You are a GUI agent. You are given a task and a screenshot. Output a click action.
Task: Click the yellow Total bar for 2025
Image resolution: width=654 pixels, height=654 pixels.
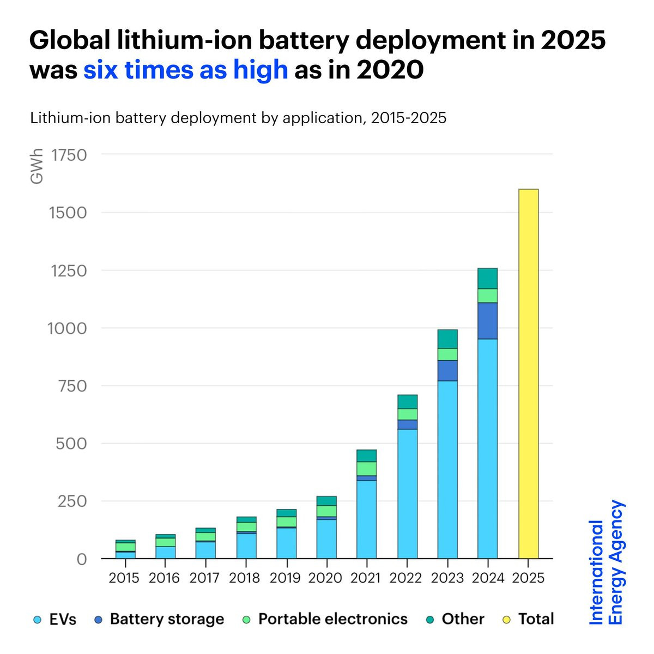point(528,374)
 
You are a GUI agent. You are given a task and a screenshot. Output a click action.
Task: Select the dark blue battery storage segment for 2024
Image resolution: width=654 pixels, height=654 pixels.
point(487,321)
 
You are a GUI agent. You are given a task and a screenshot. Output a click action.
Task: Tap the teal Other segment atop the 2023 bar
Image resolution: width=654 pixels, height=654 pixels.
point(447,338)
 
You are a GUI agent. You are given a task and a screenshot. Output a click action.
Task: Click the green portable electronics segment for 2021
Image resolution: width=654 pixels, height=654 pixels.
point(366,469)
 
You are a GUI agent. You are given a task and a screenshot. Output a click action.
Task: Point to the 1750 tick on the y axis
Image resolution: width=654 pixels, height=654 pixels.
point(69,155)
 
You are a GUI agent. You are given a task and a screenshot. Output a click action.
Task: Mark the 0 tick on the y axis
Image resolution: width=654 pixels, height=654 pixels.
point(81,559)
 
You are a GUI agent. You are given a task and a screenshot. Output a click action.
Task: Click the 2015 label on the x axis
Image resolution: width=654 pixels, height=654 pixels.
point(124,578)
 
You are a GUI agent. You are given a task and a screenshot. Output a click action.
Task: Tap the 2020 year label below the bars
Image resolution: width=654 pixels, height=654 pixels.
point(325,578)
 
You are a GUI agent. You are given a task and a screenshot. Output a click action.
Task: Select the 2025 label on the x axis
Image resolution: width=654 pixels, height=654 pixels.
point(528,578)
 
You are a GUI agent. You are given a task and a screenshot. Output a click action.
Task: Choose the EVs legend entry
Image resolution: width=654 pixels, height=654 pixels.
point(55,620)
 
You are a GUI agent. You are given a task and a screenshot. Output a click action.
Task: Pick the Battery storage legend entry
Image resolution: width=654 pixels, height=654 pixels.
point(159,620)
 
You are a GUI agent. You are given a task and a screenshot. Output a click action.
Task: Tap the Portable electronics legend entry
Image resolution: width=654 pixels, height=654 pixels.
point(325,620)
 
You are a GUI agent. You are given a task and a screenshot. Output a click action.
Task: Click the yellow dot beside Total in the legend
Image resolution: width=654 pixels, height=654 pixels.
point(507,620)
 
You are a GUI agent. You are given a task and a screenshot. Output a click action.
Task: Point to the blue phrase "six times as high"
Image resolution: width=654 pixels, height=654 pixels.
point(185,70)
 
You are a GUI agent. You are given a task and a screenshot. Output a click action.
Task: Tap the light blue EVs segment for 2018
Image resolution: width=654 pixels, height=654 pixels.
point(246,545)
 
